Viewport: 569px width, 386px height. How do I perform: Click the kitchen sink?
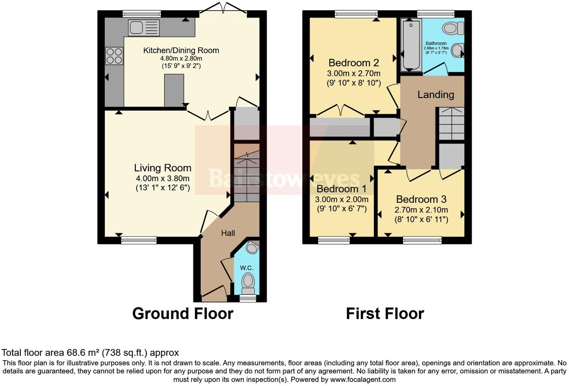pyautogui.click(x=144, y=28)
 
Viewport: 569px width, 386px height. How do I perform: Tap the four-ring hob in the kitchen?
pyautogui.click(x=114, y=56)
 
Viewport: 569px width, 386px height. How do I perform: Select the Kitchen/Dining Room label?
pyautogui.click(x=181, y=50)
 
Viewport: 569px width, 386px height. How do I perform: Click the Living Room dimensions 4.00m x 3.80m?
pyautogui.click(x=162, y=178)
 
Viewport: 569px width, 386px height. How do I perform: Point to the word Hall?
pyautogui.click(x=228, y=233)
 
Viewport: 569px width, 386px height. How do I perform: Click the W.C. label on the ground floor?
pyautogui.click(x=247, y=268)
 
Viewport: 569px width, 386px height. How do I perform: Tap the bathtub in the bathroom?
pyautogui.click(x=411, y=45)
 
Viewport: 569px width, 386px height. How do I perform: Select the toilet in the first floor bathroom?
pyautogui.click(x=453, y=28)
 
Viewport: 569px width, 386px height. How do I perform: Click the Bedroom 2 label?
pyautogui.click(x=354, y=63)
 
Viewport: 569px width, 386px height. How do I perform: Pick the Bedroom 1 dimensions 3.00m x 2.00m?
pyautogui.click(x=341, y=199)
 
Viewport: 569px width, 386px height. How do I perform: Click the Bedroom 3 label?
pyautogui.click(x=421, y=199)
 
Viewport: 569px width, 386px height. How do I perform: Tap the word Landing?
pyautogui.click(x=436, y=95)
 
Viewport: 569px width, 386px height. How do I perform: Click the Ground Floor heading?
pyautogui.click(x=183, y=313)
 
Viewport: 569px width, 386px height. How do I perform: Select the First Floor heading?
pyautogui.click(x=385, y=313)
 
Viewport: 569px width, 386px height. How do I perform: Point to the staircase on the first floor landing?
pyautogui.click(x=451, y=123)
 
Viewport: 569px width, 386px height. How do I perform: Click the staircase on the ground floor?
pyautogui.click(x=247, y=176)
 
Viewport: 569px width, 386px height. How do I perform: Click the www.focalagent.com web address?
pyautogui.click(x=362, y=379)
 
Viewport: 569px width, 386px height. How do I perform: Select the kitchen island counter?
pyautogui.click(x=174, y=90)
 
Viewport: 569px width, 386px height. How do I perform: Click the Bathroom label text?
pyautogui.click(x=436, y=43)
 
